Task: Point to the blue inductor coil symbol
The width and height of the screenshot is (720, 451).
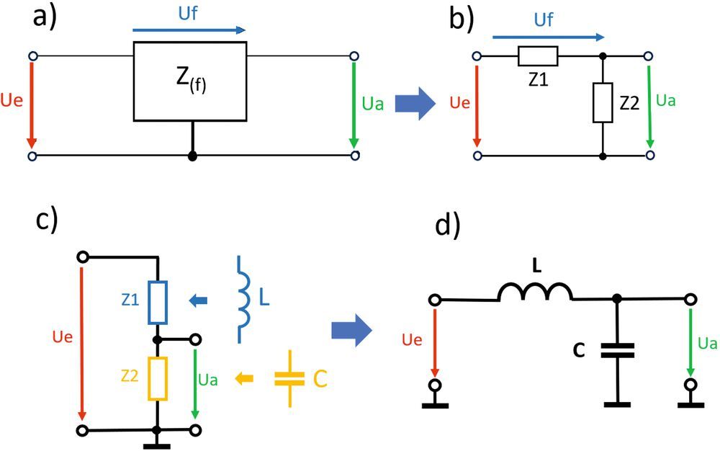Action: (243, 300)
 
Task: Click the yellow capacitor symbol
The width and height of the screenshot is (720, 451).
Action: (289, 378)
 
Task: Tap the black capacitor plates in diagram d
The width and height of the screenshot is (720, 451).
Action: (618, 350)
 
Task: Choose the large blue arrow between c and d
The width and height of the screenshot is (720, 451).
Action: (352, 330)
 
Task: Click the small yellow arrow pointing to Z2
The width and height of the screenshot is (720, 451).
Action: (244, 378)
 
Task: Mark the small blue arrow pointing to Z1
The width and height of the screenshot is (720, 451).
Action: (199, 301)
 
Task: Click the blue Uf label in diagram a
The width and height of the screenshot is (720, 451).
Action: (188, 13)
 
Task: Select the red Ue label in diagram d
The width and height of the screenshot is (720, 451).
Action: (411, 340)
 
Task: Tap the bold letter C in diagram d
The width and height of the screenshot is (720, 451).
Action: (579, 351)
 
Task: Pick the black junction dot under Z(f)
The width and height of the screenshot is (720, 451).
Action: (192, 156)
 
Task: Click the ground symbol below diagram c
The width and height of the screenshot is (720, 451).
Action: (157, 445)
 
